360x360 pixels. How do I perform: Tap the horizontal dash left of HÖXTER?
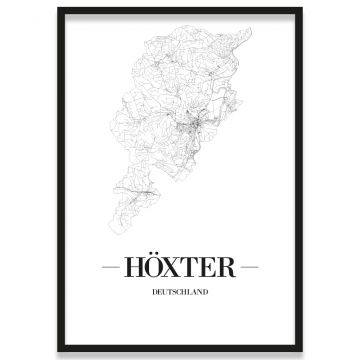(x=113, y=268)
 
